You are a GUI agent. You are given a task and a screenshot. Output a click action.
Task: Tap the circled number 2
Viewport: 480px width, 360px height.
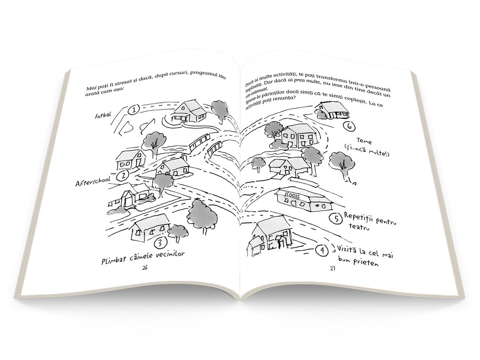click(x=123, y=176)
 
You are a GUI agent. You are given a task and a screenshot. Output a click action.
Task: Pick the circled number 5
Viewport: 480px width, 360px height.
click(x=336, y=219)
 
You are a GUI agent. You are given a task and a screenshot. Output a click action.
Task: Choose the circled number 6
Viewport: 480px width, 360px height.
click(x=350, y=126)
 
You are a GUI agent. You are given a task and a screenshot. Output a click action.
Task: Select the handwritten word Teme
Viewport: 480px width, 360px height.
click(x=364, y=142)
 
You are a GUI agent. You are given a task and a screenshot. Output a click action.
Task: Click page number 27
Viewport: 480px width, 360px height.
click(x=332, y=268)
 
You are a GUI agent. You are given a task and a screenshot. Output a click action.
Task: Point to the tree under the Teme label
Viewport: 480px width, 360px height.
click(x=340, y=163)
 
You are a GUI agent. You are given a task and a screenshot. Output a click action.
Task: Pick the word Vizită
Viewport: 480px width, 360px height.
click(x=347, y=248)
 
